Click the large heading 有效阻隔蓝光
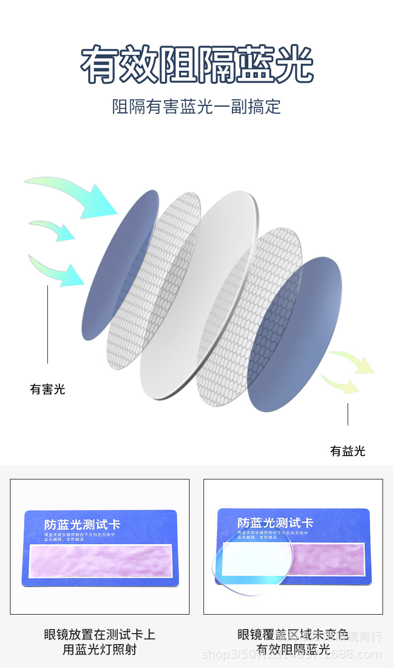tap(197, 64)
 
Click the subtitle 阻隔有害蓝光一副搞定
tap(197, 107)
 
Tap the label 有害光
tap(47, 389)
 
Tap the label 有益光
tap(348, 451)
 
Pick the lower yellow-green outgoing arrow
tap(342, 384)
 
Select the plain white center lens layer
tap(199, 294)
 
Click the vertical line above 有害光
tap(48, 324)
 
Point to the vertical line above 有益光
tap(348, 414)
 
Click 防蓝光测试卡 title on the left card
tap(82, 524)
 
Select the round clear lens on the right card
tap(249, 569)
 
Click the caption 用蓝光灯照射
tap(100, 650)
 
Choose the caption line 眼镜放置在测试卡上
tap(100, 635)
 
